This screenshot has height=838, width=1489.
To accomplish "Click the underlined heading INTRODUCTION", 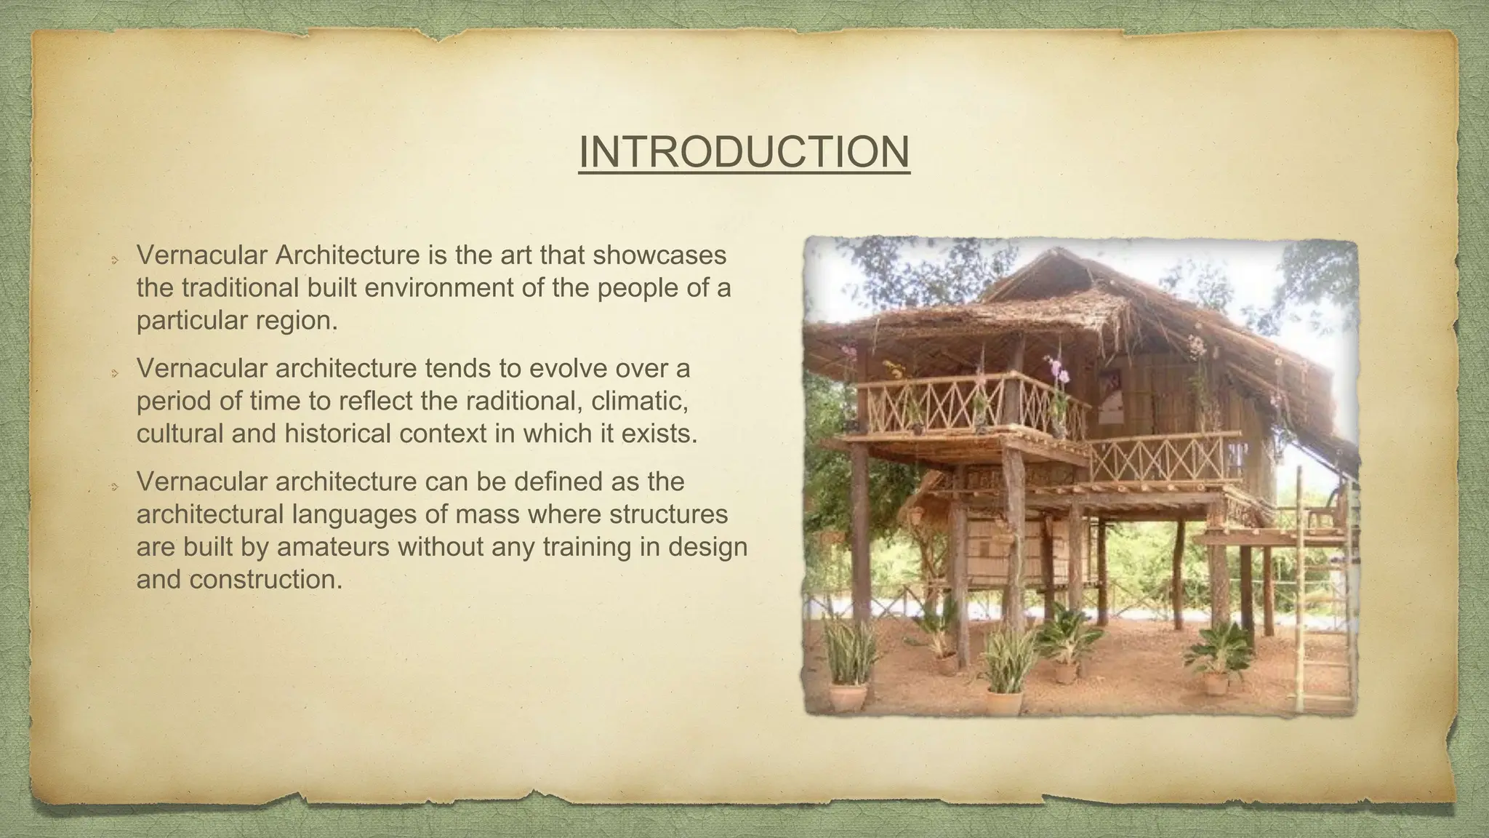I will click(x=744, y=152).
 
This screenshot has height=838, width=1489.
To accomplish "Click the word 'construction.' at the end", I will click(x=265, y=579).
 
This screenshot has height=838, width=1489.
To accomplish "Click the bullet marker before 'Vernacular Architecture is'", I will click(x=114, y=259).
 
